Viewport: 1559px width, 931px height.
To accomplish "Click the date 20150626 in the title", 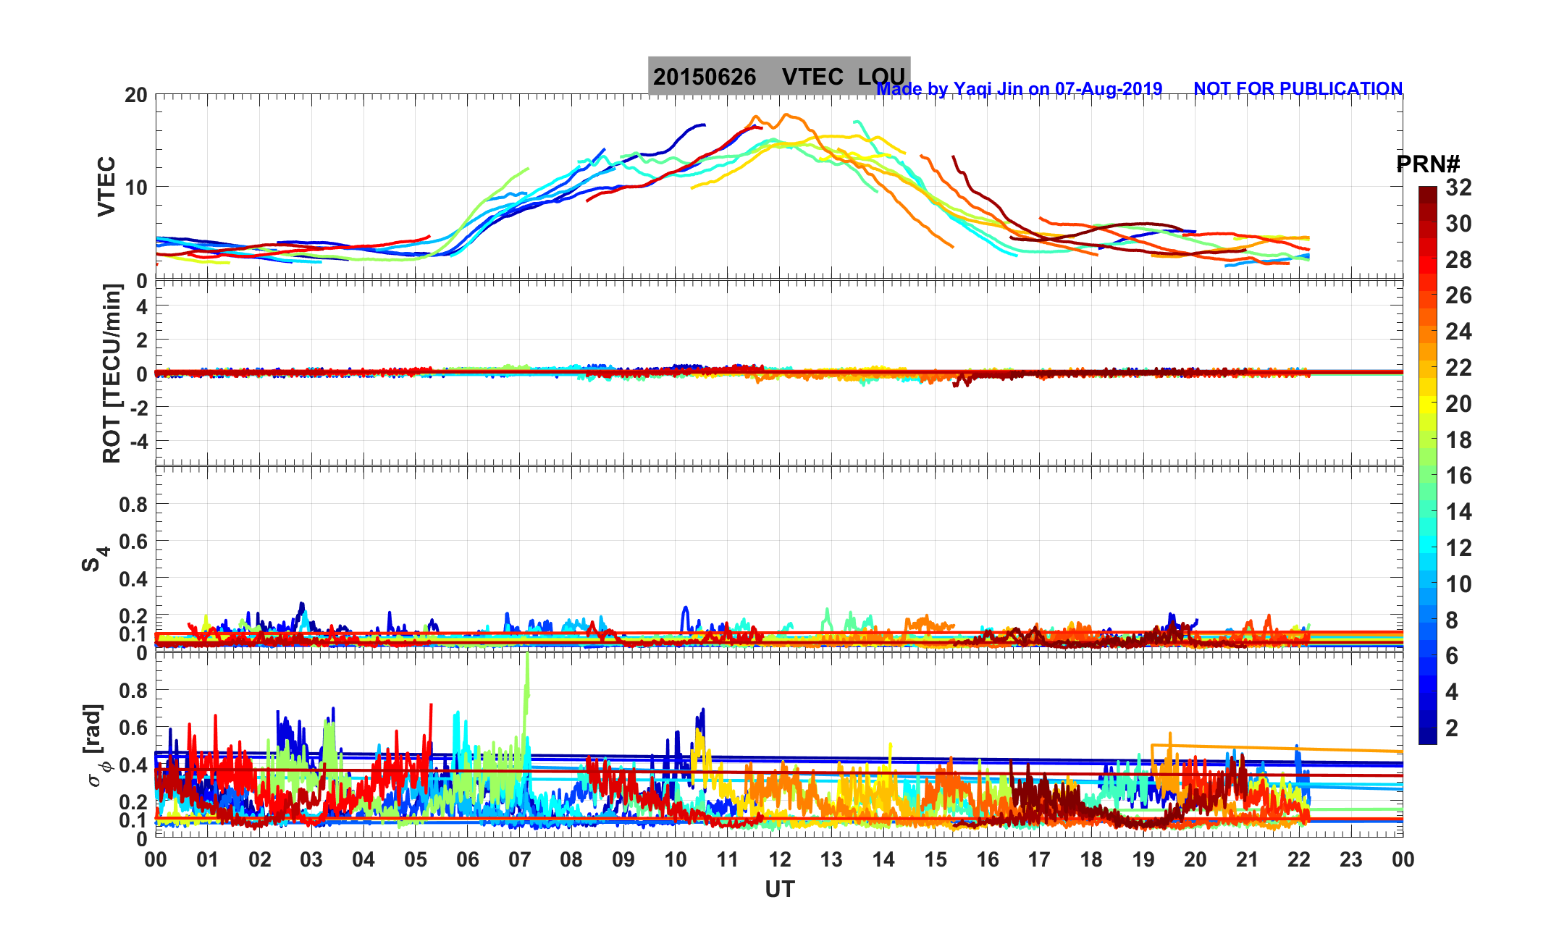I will [x=704, y=77].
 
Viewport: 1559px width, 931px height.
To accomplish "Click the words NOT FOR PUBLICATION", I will [x=1298, y=89].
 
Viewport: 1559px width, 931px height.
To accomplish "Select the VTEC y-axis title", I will [x=106, y=186].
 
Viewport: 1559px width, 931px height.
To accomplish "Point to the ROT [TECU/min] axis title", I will [x=112, y=374].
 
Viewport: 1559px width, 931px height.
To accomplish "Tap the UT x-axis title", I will [x=779, y=890].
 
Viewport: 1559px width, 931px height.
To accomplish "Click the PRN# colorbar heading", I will [x=1427, y=165].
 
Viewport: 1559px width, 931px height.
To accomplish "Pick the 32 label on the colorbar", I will [x=1458, y=188].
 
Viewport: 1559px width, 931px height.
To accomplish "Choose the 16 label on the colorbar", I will [x=1458, y=476].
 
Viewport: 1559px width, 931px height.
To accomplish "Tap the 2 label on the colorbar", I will [x=1452, y=728].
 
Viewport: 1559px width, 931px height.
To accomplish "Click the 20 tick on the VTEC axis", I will [x=135, y=96].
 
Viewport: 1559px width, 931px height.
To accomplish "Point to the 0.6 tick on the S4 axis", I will [x=133, y=542].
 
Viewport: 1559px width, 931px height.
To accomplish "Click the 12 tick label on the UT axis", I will [x=779, y=860].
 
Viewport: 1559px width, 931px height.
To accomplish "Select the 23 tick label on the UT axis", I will [x=1350, y=860].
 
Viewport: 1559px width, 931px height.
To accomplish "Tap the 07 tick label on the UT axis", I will [x=519, y=860].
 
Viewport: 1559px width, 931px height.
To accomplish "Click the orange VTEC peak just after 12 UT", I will [x=787, y=114].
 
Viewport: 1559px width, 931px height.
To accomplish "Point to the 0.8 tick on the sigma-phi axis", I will [x=133, y=691].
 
